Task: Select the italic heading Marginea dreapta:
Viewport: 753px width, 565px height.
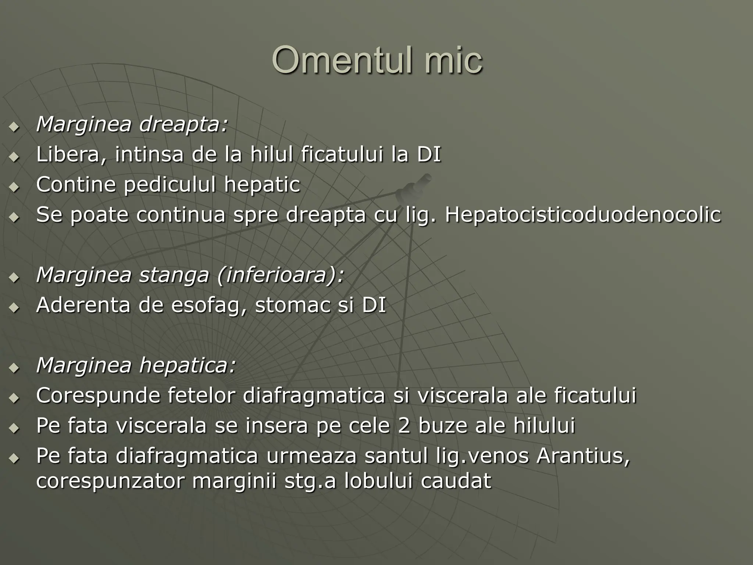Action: click(132, 124)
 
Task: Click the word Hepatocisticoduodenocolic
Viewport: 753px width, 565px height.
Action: click(583, 214)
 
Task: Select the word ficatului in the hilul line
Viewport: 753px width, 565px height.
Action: click(342, 154)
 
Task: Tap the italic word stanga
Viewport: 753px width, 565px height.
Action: click(174, 275)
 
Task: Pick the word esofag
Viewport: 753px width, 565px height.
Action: click(209, 305)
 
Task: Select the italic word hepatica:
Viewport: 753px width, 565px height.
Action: click(188, 365)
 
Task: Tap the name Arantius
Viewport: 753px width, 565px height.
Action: click(583, 456)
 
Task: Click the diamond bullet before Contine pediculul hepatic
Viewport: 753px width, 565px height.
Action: click(14, 187)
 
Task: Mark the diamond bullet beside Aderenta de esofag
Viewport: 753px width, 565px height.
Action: click(14, 308)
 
